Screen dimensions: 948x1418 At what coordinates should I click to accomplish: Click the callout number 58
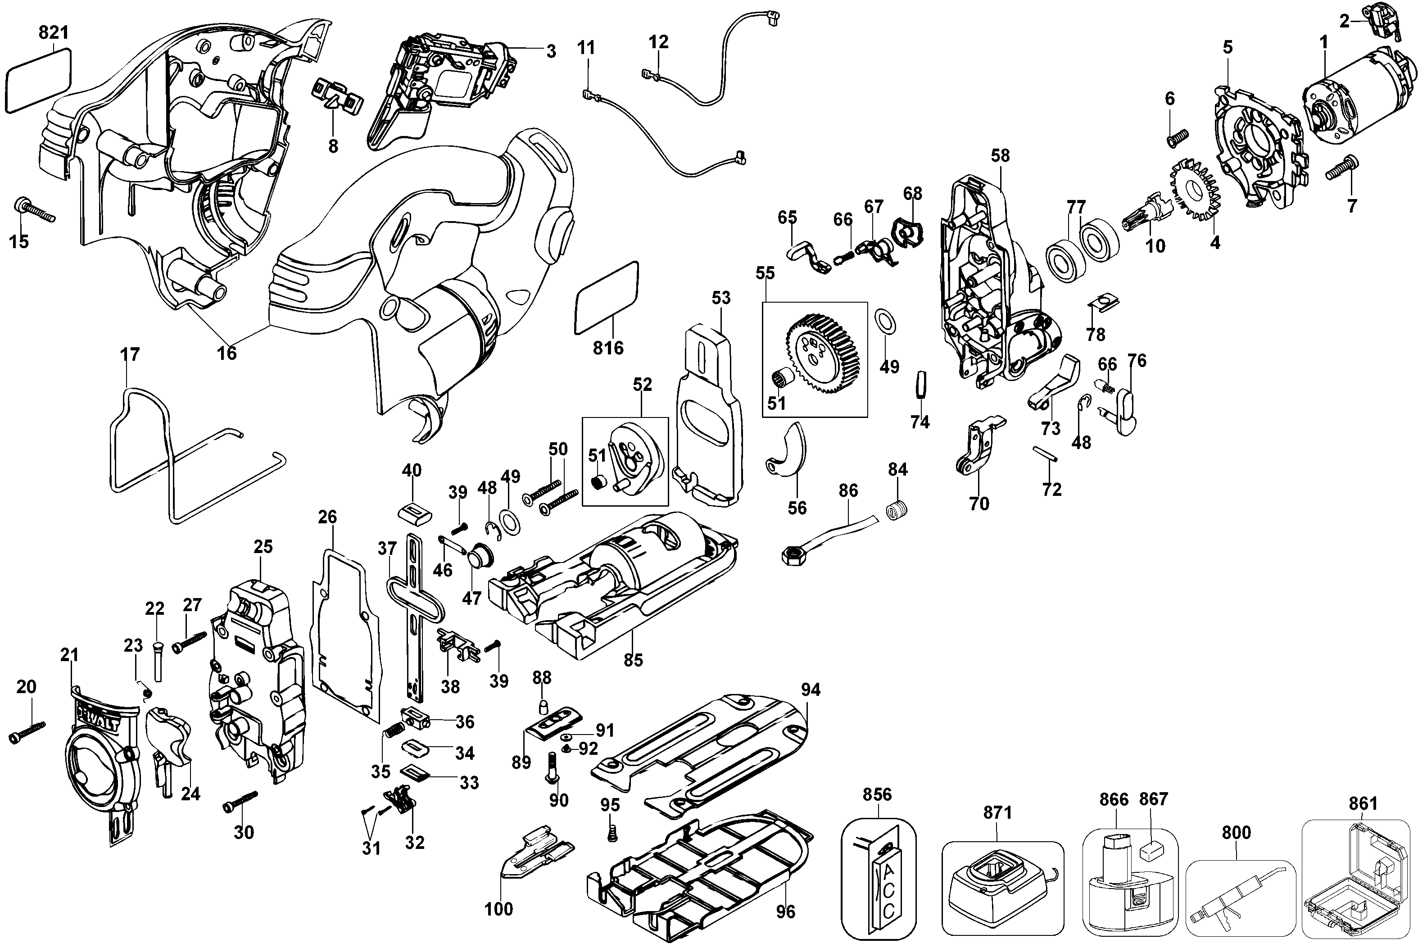pyautogui.click(x=1000, y=156)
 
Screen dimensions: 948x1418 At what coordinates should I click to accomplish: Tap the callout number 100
pyautogui.click(x=498, y=909)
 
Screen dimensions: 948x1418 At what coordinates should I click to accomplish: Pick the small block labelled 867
pyautogui.click(x=1151, y=851)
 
